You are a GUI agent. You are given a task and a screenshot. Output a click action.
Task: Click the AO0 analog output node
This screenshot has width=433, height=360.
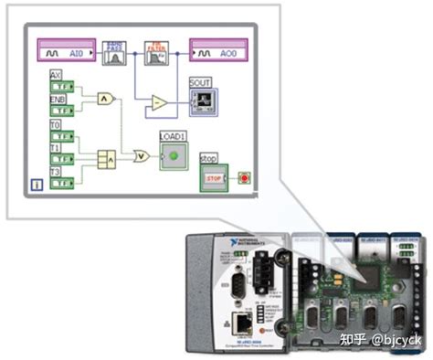(x=218, y=54)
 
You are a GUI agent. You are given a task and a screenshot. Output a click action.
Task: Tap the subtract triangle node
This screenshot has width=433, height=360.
(x=159, y=102)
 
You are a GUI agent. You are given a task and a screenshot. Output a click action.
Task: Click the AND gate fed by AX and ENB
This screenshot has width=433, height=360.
(x=108, y=96)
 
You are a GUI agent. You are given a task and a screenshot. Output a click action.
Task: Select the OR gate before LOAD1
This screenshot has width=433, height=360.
(x=141, y=156)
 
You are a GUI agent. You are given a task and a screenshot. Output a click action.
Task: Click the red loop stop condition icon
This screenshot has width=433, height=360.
(x=244, y=176)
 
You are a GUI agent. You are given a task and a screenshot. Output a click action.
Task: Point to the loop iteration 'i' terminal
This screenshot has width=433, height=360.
(x=37, y=185)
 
